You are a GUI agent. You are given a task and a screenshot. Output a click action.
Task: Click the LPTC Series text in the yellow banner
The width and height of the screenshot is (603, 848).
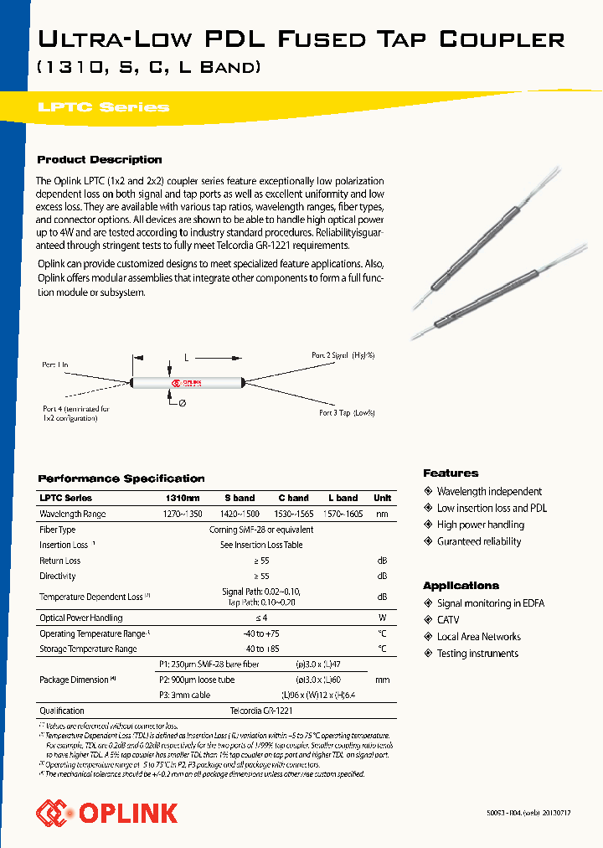click(103, 107)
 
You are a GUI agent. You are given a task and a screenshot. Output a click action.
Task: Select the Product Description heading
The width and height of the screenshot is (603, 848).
click(100, 159)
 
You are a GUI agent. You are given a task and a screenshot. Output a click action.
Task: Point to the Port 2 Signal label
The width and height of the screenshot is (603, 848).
click(343, 355)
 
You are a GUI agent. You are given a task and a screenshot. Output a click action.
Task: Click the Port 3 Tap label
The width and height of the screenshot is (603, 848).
click(347, 413)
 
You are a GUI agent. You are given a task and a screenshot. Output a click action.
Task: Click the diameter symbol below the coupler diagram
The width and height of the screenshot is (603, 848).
click(183, 403)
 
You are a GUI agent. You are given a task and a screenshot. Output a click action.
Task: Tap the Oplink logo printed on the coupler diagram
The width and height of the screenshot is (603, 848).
click(187, 384)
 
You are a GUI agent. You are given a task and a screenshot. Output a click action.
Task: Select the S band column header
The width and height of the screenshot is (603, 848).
click(239, 498)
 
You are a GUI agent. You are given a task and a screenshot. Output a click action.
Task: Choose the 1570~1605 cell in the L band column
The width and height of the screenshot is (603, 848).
click(343, 514)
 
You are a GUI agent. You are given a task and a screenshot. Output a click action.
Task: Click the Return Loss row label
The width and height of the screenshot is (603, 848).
click(60, 561)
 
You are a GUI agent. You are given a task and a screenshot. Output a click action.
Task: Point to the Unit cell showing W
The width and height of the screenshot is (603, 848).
click(382, 618)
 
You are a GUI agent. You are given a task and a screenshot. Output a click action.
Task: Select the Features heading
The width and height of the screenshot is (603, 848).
click(451, 473)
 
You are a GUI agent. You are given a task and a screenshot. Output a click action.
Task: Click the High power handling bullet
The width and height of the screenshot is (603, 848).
click(480, 525)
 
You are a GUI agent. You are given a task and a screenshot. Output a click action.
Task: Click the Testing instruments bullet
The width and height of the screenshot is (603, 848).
click(477, 654)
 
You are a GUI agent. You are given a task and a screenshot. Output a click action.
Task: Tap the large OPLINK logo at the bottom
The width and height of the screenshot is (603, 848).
click(106, 812)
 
